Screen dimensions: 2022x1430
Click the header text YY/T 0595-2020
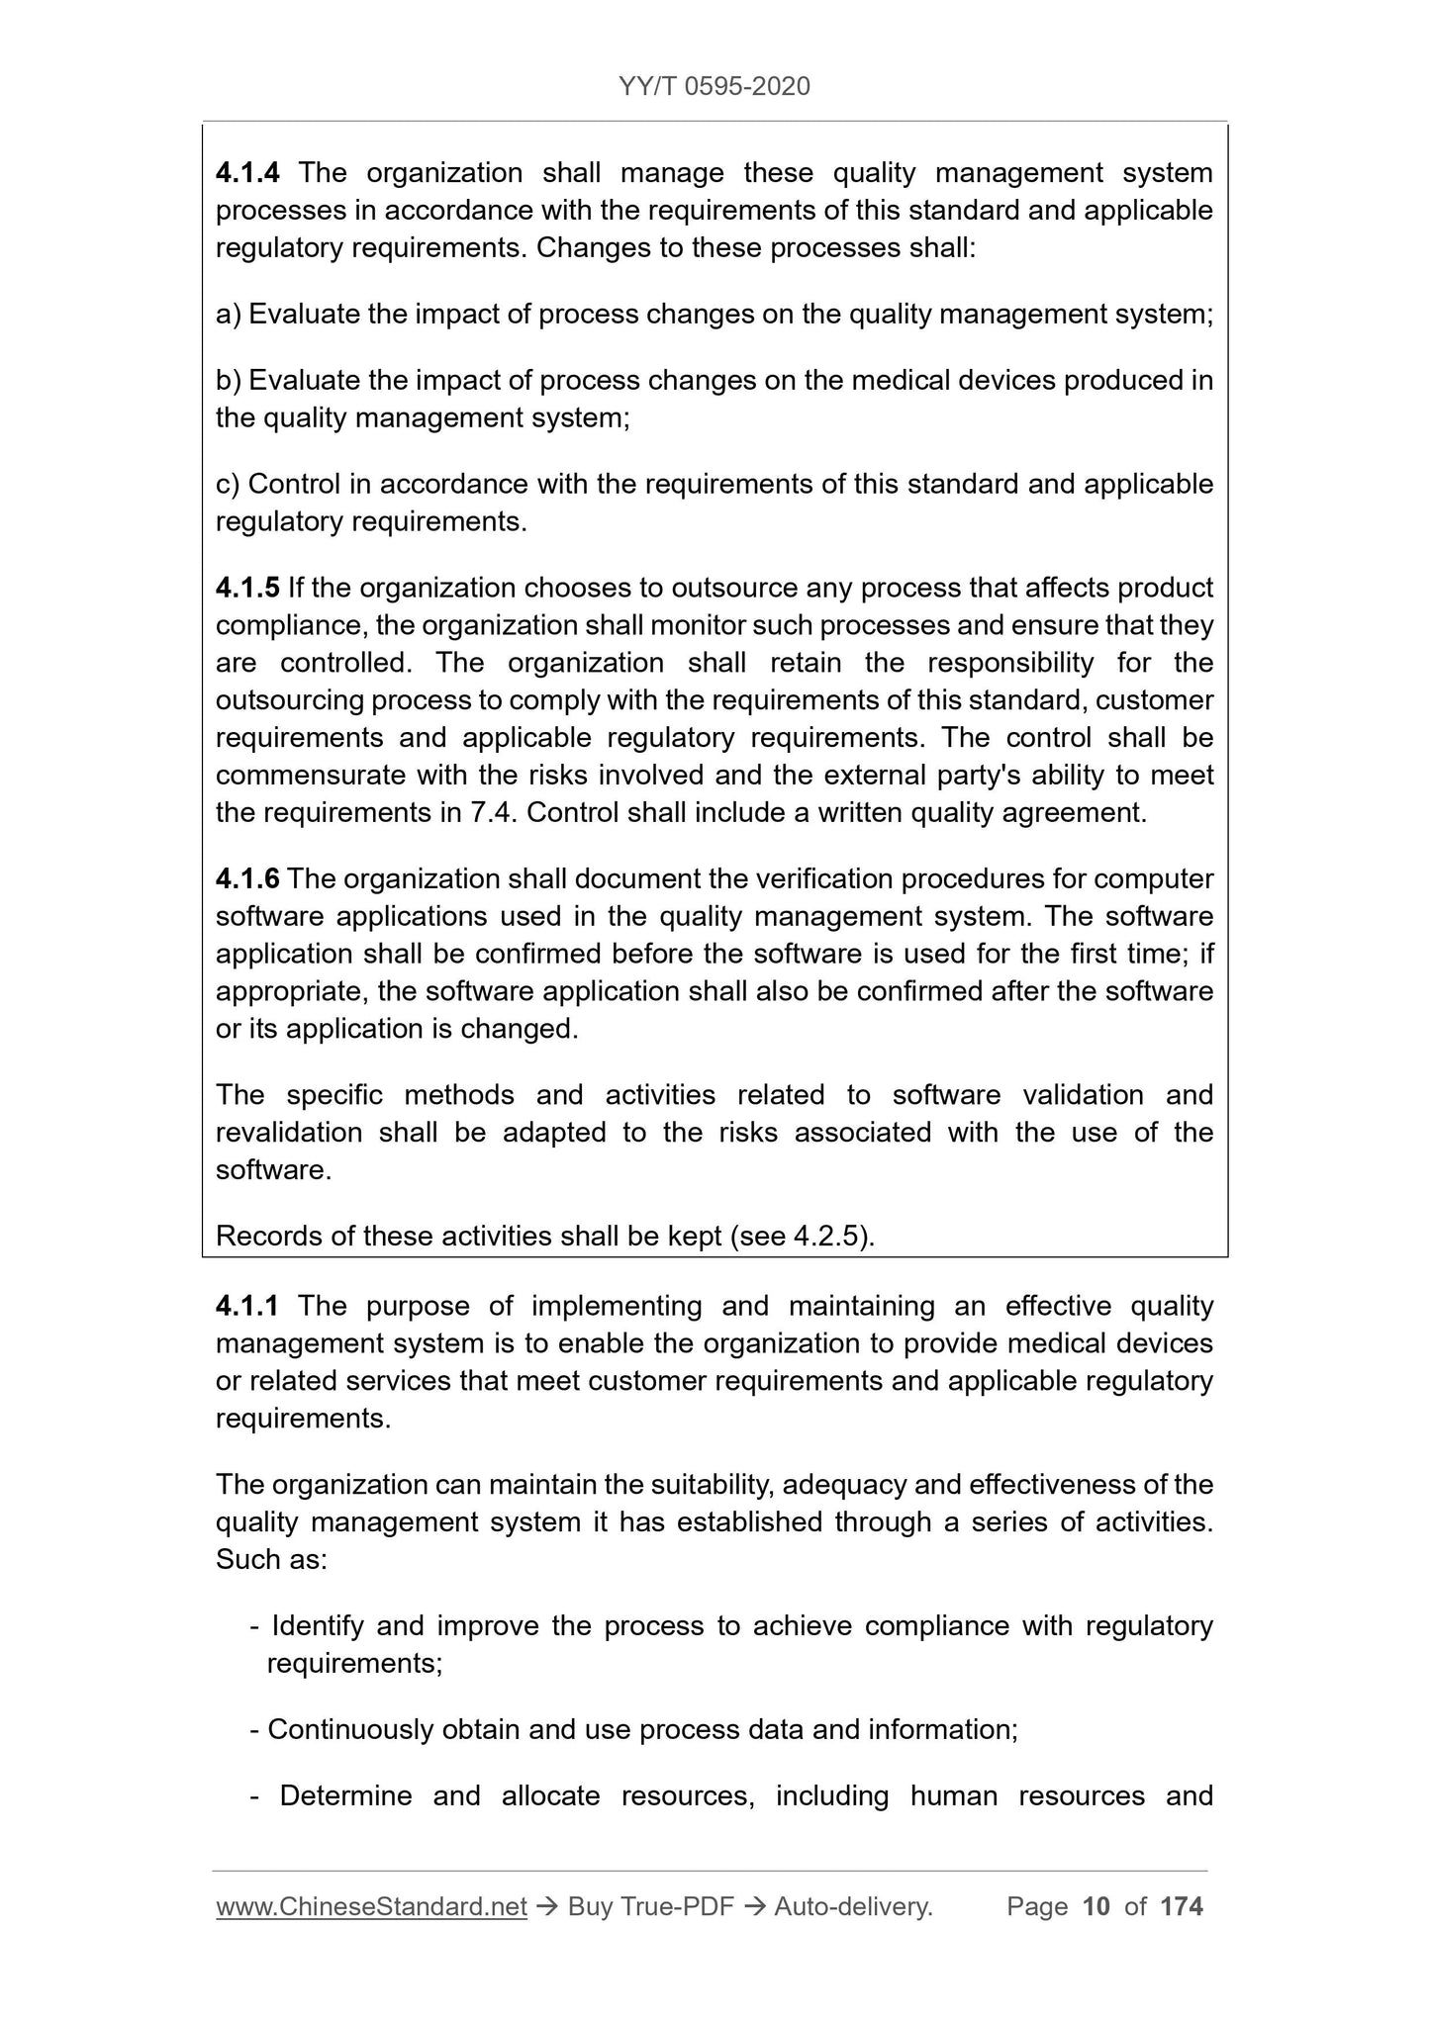715,87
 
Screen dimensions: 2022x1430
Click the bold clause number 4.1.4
247,173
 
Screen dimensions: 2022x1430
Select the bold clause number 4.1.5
247,589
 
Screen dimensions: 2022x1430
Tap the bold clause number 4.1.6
247,879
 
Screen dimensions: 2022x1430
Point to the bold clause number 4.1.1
247,1307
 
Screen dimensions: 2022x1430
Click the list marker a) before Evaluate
229,315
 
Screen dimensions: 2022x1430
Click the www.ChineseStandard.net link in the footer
371,1907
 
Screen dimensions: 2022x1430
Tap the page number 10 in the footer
1096,1907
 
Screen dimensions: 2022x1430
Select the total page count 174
1182,1907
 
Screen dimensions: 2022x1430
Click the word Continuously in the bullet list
350,1730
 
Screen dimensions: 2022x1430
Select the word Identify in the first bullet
318,1626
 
